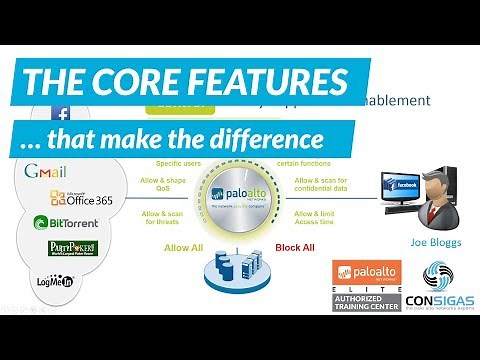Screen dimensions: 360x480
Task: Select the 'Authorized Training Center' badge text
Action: coord(366,302)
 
